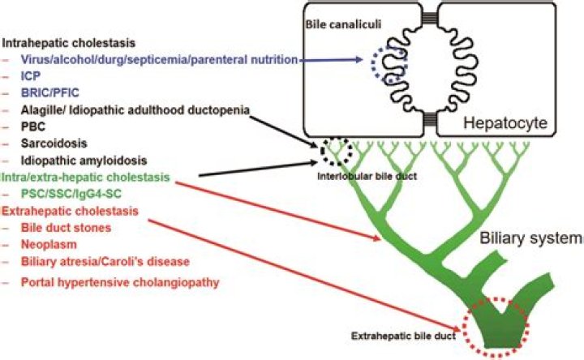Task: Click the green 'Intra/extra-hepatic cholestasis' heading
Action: click(84, 177)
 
